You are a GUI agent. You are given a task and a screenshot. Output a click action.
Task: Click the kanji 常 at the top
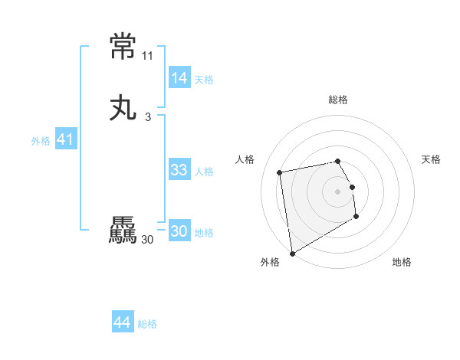click(x=123, y=47)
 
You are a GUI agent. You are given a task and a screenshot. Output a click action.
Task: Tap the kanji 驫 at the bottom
click(x=123, y=231)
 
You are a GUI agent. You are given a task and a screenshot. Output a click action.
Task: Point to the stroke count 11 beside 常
click(x=147, y=56)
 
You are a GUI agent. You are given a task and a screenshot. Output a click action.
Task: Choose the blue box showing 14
click(x=179, y=78)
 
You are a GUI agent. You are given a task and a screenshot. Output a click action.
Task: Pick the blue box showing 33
click(x=179, y=170)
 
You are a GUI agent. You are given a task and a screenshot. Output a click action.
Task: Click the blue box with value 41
click(x=66, y=139)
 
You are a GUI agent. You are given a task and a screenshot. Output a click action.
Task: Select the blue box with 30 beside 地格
click(x=179, y=231)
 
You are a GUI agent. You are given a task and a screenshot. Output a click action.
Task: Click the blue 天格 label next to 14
click(x=204, y=80)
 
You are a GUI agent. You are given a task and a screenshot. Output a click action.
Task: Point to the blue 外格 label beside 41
click(x=41, y=141)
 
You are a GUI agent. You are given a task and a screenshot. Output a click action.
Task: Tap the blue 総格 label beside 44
click(x=147, y=324)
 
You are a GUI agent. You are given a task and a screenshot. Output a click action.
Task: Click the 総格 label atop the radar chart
click(x=338, y=100)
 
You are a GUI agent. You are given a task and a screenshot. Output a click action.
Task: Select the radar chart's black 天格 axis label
click(x=431, y=159)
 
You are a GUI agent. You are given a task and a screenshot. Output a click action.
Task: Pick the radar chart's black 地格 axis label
click(x=402, y=262)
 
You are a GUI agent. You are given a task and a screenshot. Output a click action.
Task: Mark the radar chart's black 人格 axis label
click(x=245, y=159)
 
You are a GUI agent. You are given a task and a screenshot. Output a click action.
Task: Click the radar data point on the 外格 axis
click(x=292, y=254)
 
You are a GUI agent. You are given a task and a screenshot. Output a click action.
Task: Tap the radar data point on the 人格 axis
click(x=280, y=172)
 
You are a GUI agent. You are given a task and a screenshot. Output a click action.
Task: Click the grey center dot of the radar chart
click(x=338, y=191)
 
